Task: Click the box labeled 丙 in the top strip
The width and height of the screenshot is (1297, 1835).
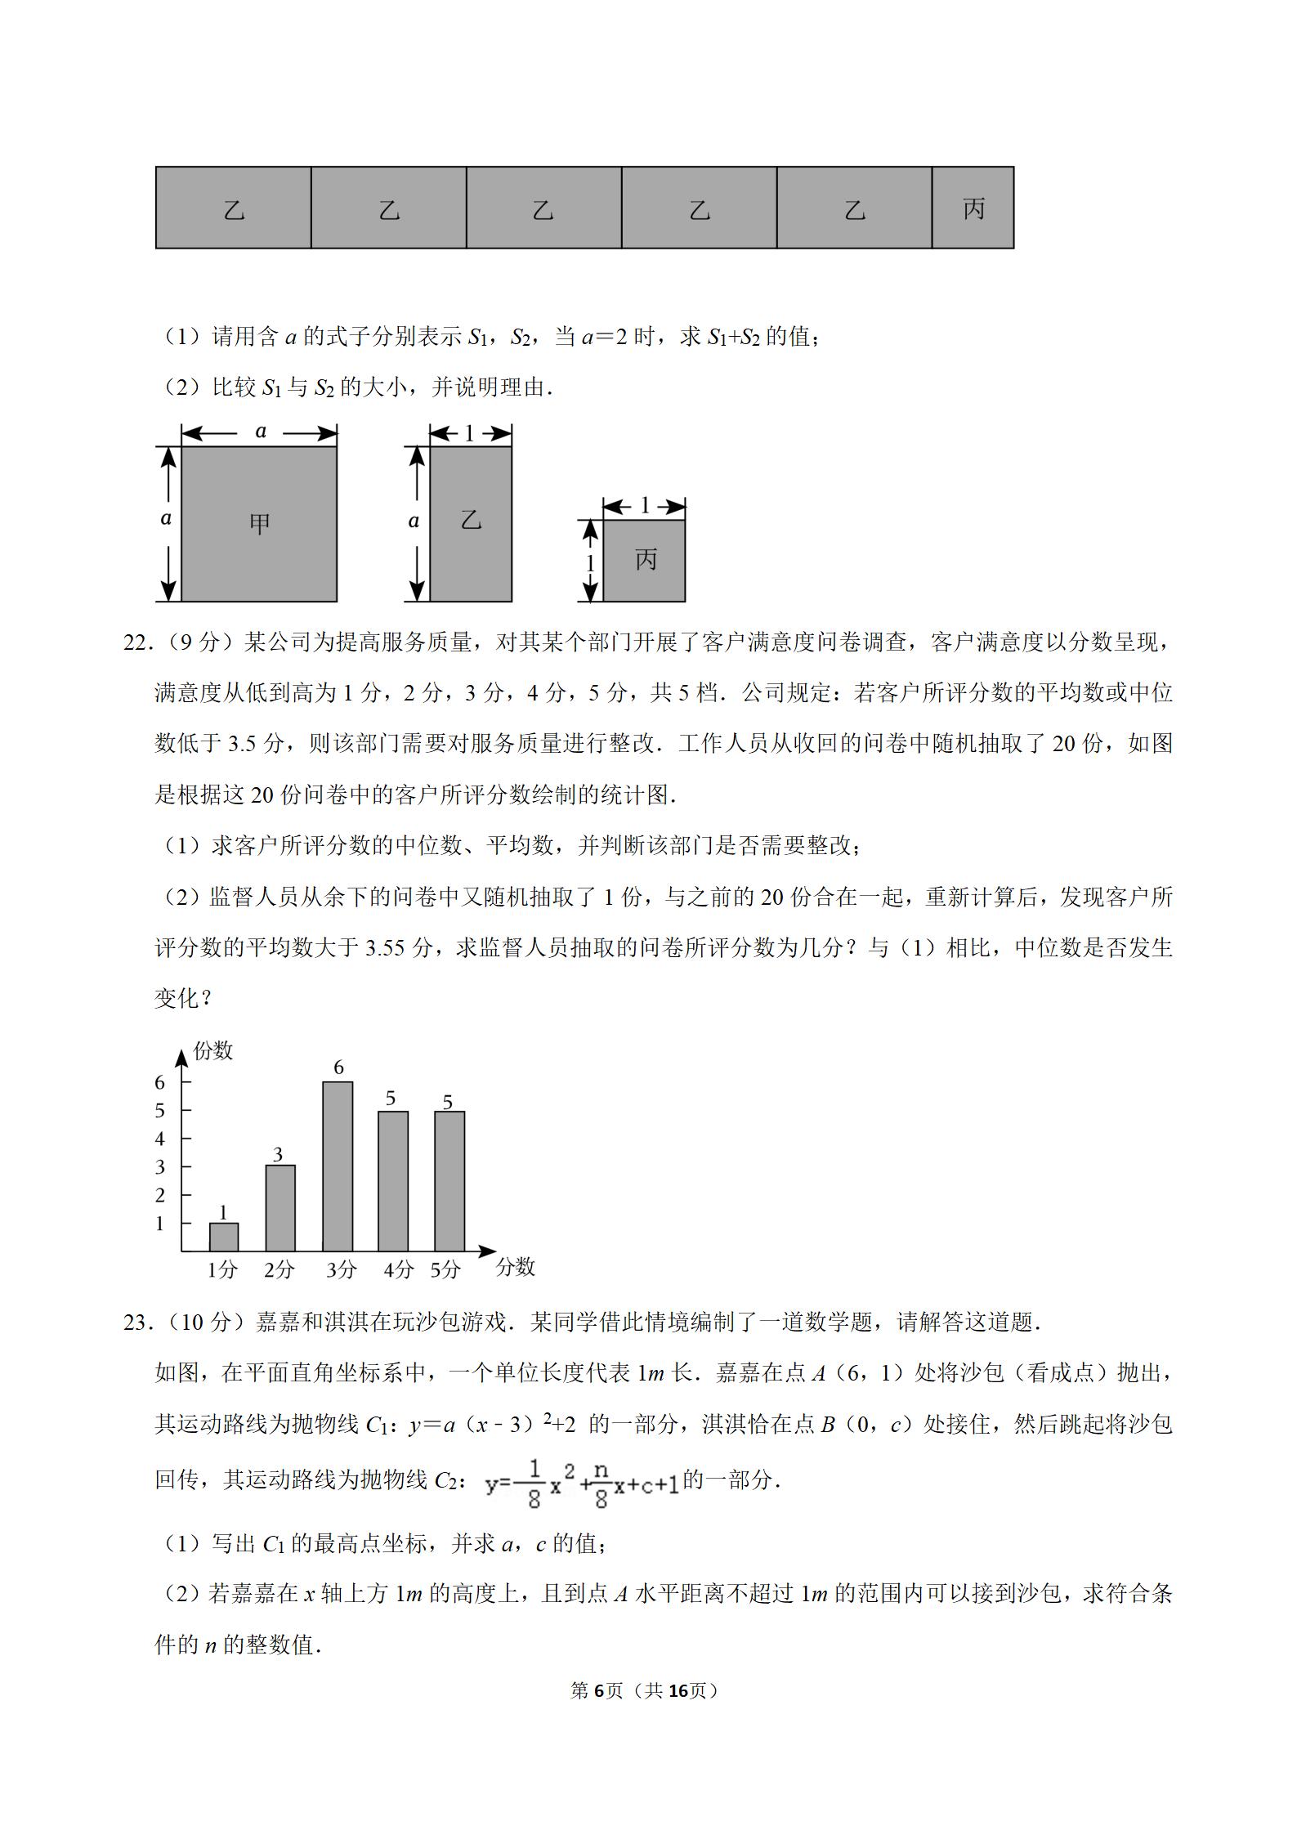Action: click(x=973, y=208)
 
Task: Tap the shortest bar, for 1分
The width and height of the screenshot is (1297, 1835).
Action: click(x=224, y=1237)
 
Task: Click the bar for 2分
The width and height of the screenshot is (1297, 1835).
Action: click(x=280, y=1208)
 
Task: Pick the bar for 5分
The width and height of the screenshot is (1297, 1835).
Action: click(x=449, y=1180)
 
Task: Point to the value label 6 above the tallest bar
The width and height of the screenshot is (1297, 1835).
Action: click(x=338, y=1067)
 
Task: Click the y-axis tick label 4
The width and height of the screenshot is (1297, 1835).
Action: click(x=160, y=1139)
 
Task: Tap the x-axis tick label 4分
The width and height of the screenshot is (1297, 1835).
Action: click(x=398, y=1269)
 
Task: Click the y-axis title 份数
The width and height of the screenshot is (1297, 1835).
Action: click(x=212, y=1050)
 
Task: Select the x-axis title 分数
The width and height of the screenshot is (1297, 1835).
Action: click(x=515, y=1267)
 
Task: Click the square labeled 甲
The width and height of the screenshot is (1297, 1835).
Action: click(x=259, y=524)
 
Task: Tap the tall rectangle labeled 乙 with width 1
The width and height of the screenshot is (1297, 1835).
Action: click(x=471, y=524)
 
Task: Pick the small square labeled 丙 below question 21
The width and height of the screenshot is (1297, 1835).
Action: click(x=644, y=561)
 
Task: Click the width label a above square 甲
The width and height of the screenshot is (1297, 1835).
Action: click(x=261, y=432)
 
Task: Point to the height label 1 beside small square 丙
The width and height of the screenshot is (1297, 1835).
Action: click(x=589, y=563)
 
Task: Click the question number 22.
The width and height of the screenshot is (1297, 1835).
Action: click(x=137, y=642)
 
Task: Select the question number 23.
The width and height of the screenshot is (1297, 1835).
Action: click(x=137, y=1323)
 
